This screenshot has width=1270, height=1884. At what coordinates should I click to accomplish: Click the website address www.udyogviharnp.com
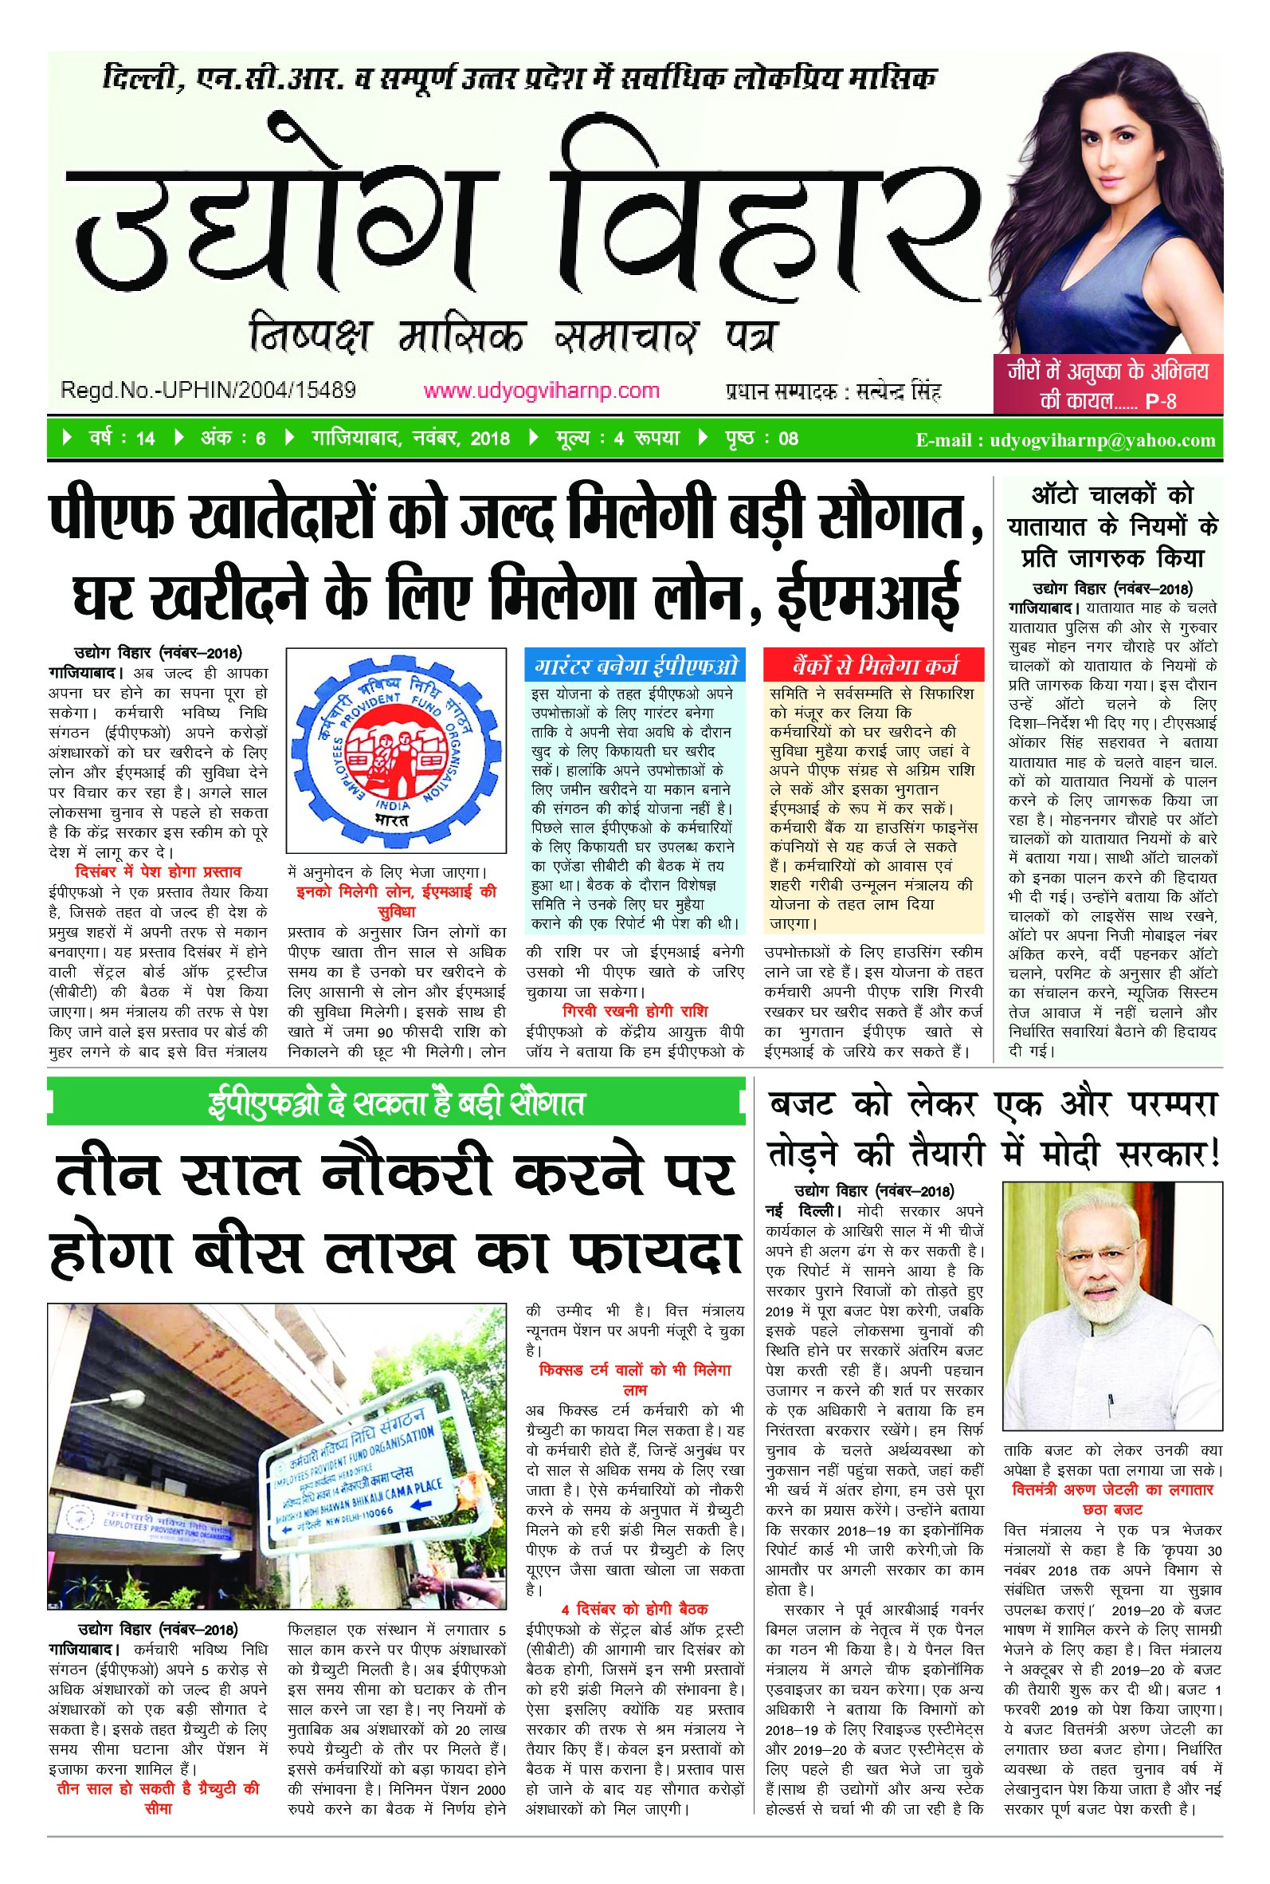pos(541,391)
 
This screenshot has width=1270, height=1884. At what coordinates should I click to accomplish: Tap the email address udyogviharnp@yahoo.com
pos(1103,440)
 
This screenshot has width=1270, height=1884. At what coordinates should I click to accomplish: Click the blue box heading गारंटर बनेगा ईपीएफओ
pos(637,665)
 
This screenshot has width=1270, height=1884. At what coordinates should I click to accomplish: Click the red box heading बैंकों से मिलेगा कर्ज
pos(874,665)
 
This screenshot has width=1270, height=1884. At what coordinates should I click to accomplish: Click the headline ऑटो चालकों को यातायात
pos(1112,510)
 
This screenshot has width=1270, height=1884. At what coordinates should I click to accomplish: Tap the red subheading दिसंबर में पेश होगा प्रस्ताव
pos(158,872)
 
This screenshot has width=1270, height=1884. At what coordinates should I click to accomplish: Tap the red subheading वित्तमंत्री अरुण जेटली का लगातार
pos(1112,1489)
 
